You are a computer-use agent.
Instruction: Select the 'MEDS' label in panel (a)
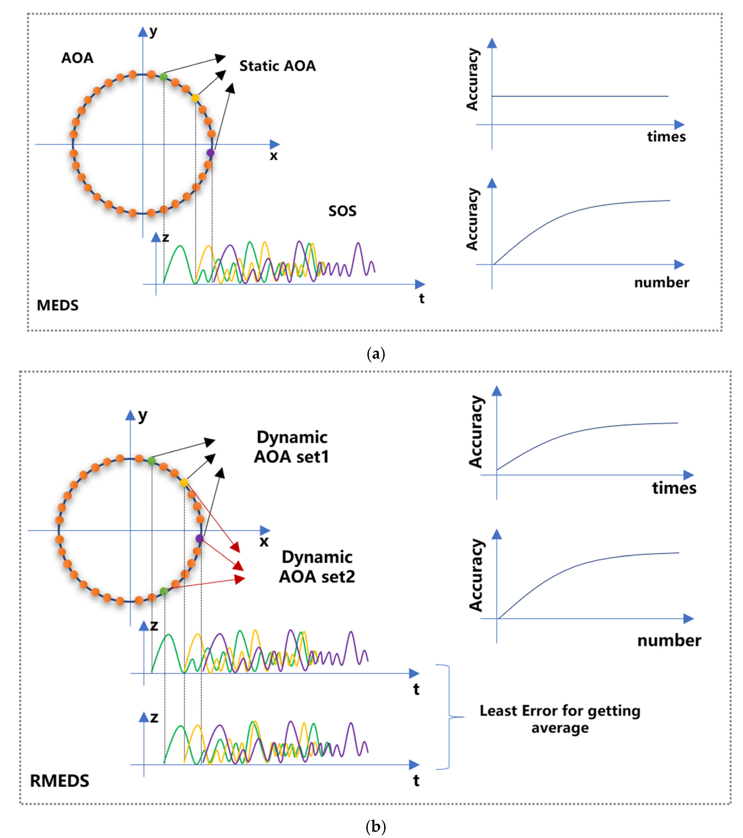(x=57, y=306)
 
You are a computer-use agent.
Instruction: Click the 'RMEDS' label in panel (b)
(x=59, y=781)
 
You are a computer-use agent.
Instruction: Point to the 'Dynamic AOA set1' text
(x=292, y=447)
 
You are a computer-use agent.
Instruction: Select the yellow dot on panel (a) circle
(x=195, y=98)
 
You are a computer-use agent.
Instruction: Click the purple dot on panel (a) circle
(x=210, y=153)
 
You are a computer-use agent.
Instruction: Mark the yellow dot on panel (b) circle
(x=184, y=483)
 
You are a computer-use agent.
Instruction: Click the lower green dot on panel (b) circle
(x=164, y=591)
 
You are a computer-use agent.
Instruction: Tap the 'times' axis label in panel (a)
(x=666, y=136)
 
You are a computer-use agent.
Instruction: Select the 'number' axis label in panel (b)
(x=669, y=640)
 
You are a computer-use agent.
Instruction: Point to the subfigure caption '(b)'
(x=375, y=826)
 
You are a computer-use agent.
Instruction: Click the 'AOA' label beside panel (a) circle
(x=77, y=58)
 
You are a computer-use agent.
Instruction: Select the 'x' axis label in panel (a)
(x=273, y=156)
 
